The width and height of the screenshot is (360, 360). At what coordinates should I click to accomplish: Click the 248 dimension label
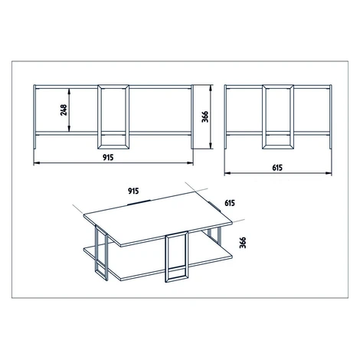tap(64, 110)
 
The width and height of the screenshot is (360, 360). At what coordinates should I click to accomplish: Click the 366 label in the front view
tap(205, 116)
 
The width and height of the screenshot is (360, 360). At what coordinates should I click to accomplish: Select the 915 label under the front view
tap(108, 158)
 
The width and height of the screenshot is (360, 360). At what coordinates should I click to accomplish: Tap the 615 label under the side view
tap(277, 168)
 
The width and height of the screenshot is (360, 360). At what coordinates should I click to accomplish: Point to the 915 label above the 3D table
tap(133, 191)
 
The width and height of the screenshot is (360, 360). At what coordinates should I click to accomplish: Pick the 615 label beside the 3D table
tap(230, 203)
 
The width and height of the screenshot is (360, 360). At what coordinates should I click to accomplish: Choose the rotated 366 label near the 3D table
tap(243, 242)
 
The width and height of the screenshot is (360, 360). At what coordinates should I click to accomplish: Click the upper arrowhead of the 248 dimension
tap(69, 91)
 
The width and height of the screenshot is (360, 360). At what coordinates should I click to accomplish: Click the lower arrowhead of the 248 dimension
tap(69, 129)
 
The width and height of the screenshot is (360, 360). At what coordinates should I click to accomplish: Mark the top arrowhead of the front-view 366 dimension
tap(211, 88)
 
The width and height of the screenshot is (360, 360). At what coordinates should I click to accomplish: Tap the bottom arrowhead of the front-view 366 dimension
tap(211, 146)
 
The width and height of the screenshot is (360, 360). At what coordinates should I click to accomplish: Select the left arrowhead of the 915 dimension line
tap(37, 163)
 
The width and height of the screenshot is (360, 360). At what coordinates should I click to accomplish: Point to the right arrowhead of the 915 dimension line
tap(190, 163)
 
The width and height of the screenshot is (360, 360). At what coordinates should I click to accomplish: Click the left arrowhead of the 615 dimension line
tap(227, 173)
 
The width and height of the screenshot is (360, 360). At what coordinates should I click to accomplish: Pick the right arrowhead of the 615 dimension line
tap(329, 173)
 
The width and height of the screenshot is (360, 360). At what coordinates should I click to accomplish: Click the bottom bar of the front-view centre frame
tap(113, 147)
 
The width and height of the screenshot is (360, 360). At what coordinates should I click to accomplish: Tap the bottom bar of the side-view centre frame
tap(278, 147)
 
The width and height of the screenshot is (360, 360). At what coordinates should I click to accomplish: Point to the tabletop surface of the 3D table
tap(158, 219)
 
